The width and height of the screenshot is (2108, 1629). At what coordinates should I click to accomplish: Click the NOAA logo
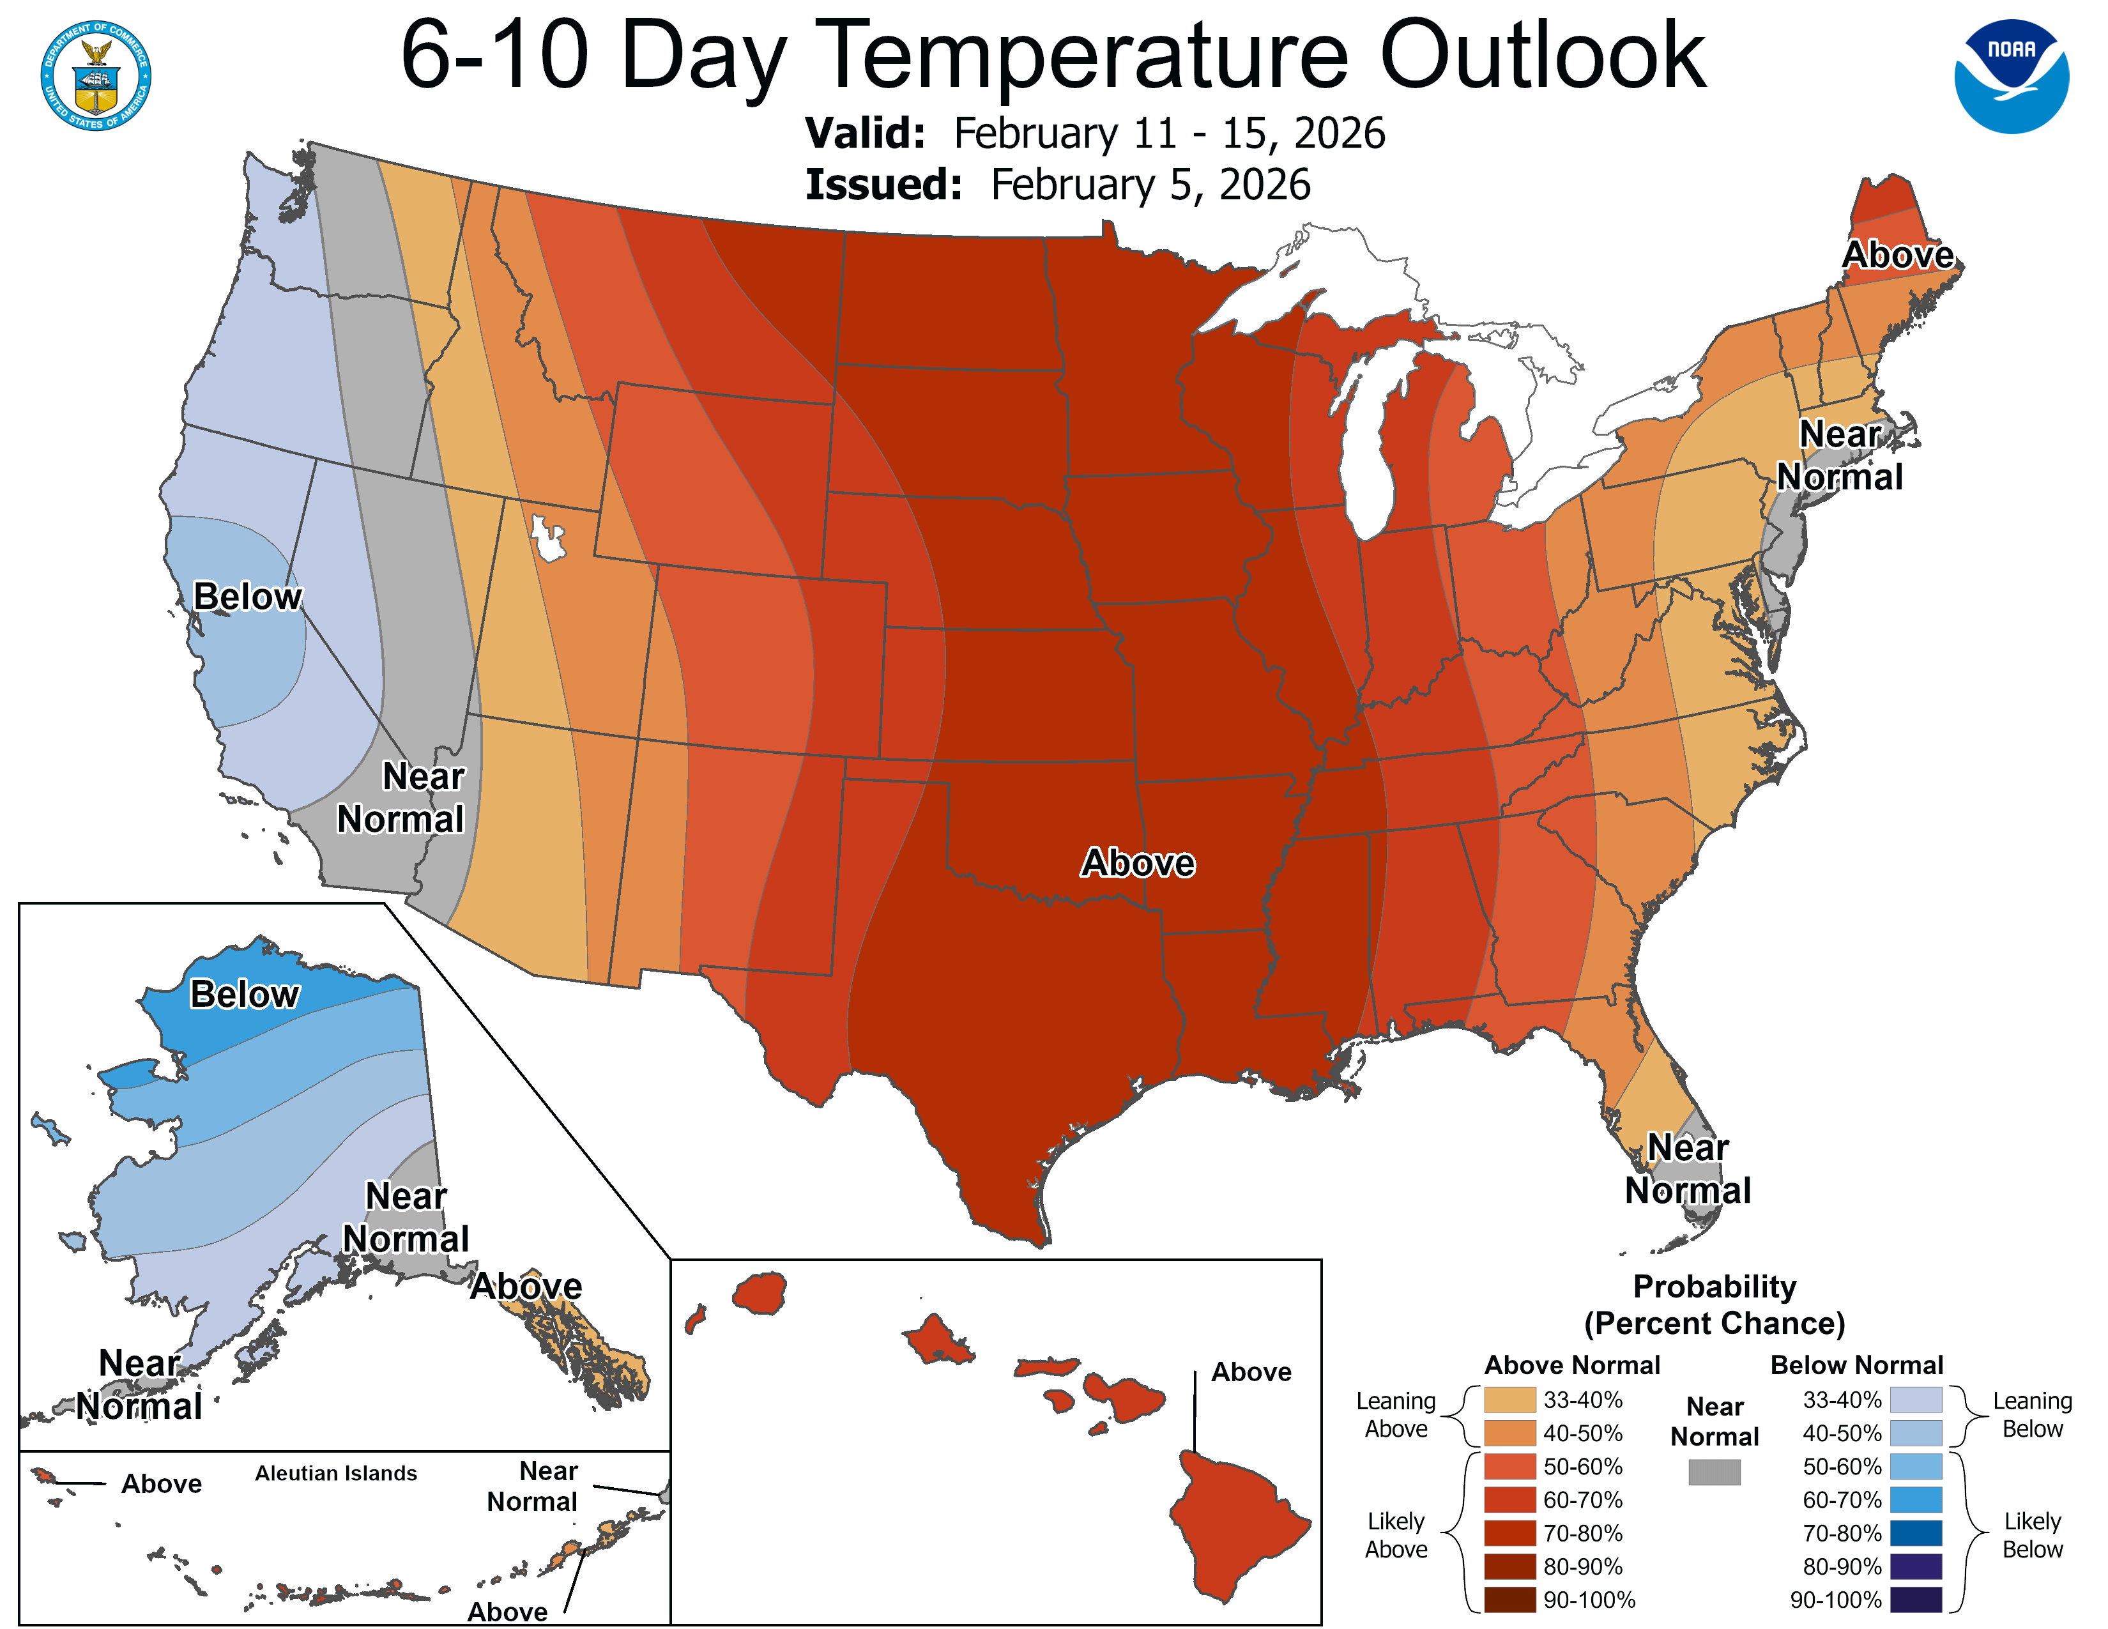(2012, 75)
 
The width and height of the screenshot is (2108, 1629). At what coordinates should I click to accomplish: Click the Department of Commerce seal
(96, 75)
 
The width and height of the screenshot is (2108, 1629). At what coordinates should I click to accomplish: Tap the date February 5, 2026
(1150, 185)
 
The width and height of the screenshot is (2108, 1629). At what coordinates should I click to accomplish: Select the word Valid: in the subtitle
(865, 133)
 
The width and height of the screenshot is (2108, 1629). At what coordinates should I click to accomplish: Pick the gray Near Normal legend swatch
(1715, 1472)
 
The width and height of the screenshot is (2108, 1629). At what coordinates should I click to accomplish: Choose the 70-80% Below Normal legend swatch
(1915, 1533)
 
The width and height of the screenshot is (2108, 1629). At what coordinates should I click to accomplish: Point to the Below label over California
(247, 597)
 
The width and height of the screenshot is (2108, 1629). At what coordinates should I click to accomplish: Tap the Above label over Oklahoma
(1138, 862)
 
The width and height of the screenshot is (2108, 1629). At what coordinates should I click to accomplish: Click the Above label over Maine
(1898, 255)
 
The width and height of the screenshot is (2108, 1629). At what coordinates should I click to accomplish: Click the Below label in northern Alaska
(244, 994)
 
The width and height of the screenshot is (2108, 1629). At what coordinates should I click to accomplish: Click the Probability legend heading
(1715, 1287)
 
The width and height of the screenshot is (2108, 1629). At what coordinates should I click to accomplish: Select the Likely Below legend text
(2032, 1535)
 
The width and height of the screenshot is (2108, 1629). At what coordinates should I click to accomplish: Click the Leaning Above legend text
(1396, 1415)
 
